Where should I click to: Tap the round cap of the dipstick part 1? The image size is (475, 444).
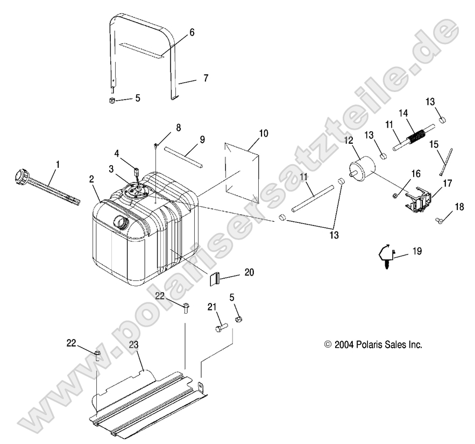21,175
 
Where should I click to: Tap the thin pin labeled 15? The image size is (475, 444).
444,161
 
